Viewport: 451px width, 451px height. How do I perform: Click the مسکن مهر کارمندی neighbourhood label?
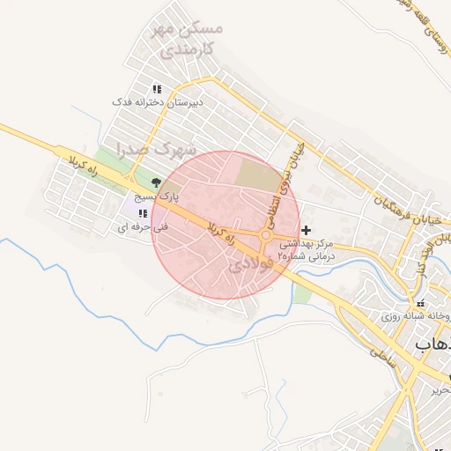[x=187, y=36]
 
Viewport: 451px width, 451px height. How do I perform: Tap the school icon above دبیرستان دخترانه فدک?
[x=157, y=89]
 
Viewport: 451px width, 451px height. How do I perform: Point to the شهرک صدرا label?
[x=155, y=150]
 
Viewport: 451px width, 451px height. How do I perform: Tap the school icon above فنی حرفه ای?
[x=142, y=213]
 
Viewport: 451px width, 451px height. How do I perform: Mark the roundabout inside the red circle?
[x=265, y=234]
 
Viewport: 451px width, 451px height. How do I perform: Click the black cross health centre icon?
[x=306, y=230]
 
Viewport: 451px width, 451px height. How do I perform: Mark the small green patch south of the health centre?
[x=301, y=293]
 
